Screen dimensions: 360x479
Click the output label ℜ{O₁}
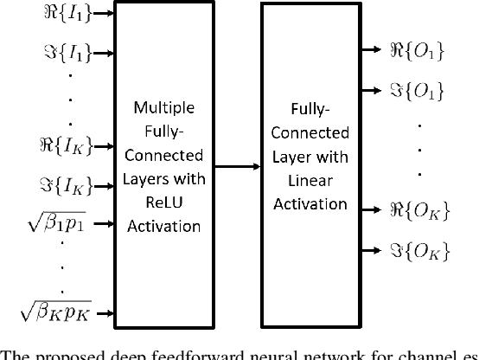416,52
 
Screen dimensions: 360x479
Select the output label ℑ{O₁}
417,88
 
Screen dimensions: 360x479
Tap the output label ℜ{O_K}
416,209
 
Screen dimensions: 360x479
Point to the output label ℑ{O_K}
417,250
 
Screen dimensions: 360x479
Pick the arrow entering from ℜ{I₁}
101,14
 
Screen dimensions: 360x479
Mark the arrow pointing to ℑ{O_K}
369,250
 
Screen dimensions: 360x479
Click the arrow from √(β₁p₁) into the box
101,225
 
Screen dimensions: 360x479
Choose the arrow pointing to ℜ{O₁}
369,53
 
